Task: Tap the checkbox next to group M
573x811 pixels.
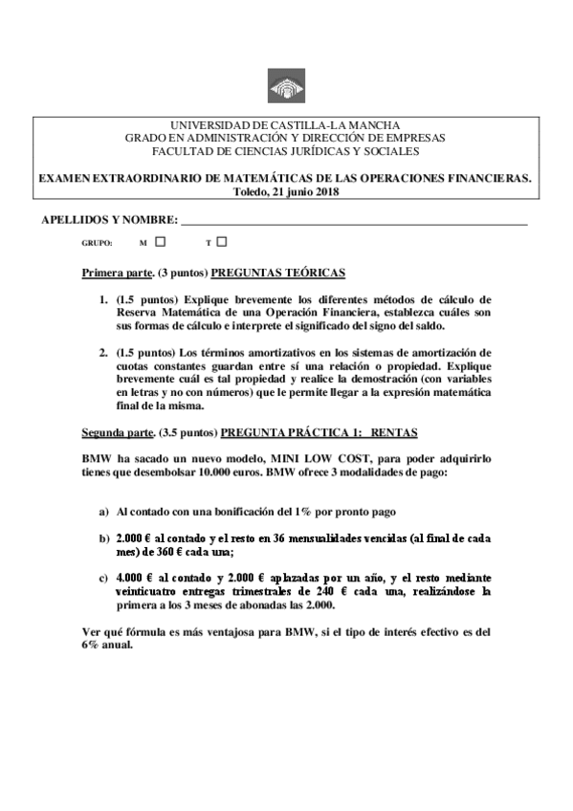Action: tap(161, 242)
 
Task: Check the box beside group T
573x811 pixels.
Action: tap(222, 242)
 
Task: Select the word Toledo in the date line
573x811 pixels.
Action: tap(253, 191)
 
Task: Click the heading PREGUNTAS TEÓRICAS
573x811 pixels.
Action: tap(278, 273)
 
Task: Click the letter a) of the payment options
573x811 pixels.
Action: tap(103, 512)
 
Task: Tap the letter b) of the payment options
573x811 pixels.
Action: tap(103, 539)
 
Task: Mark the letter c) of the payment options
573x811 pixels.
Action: tap(103, 578)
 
